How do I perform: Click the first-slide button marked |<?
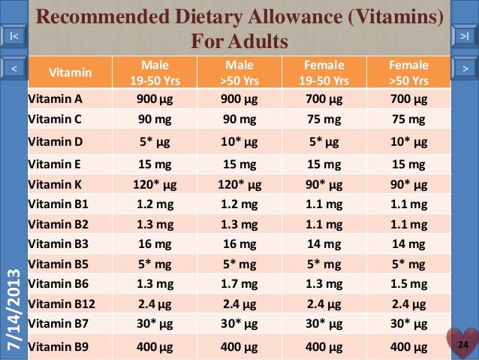(x=14, y=36)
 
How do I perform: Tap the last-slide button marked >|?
(x=465, y=36)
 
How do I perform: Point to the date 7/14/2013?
(x=14, y=308)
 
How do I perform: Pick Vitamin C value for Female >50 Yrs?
(x=410, y=119)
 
